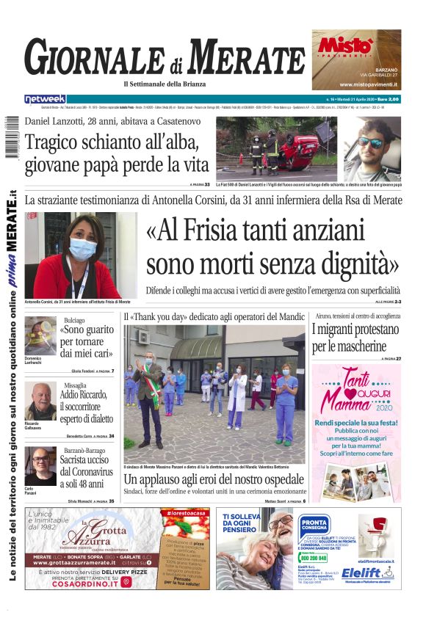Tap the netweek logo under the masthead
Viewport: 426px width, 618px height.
(x=45, y=98)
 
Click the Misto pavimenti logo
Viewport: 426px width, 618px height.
(x=344, y=46)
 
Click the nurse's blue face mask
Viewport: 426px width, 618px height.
(x=82, y=249)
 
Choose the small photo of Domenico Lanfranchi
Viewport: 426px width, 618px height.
(x=40, y=333)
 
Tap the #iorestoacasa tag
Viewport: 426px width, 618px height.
(x=185, y=512)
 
